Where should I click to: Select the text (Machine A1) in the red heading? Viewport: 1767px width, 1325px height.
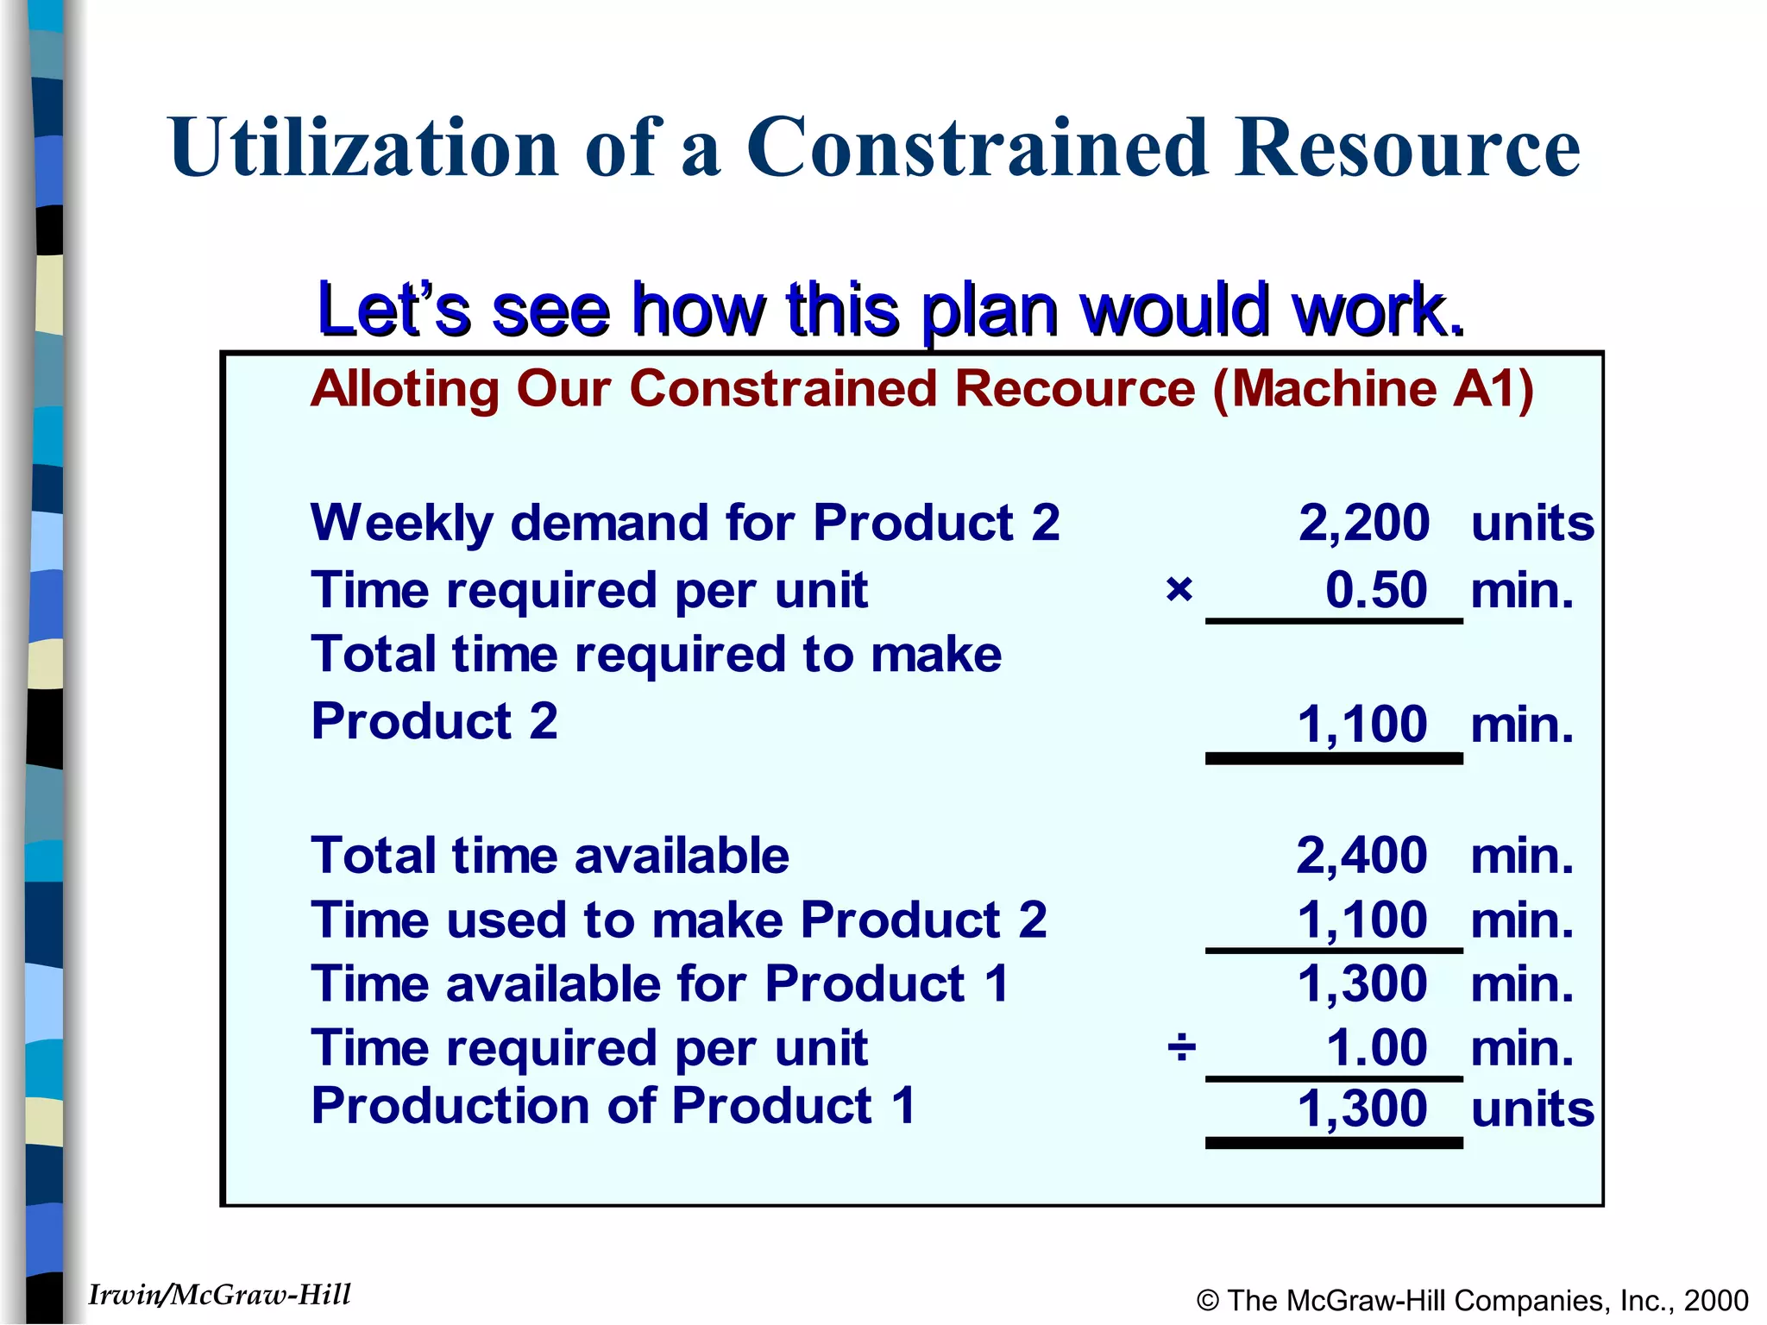1373,388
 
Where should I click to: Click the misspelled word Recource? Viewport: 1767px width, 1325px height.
1075,388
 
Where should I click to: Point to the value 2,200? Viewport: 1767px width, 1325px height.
1363,523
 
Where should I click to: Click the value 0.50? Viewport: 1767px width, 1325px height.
1376,590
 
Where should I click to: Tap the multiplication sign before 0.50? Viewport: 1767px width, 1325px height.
1179,590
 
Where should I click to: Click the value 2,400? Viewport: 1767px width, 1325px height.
1361,856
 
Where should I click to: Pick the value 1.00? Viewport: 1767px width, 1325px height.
1376,1048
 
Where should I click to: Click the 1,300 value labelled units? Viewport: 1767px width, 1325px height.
1362,1108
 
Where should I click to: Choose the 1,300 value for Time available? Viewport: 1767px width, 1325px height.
1362,983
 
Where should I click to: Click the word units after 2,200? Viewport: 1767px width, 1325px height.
1532,523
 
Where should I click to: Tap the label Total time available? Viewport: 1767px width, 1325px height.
550,856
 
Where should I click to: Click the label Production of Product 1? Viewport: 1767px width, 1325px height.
613,1106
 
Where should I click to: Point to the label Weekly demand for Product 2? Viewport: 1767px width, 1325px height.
684,523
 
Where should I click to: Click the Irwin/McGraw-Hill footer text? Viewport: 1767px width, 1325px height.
219,1295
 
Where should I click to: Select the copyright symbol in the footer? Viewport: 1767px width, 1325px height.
1208,1301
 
